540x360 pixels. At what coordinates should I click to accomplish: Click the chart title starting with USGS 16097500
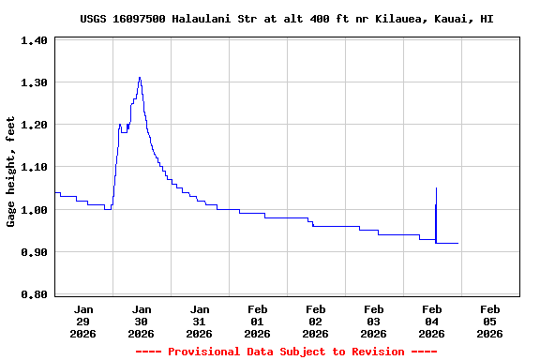287,19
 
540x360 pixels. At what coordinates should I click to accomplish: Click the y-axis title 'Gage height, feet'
11,172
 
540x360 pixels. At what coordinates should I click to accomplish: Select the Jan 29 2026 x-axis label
83,321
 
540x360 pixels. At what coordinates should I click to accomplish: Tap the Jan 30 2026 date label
142,321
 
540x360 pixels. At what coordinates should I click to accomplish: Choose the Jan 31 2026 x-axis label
200,321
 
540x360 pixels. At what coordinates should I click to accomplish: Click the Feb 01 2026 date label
258,321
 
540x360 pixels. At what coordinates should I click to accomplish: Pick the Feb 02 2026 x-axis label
316,321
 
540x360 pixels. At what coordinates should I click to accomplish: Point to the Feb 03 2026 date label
374,321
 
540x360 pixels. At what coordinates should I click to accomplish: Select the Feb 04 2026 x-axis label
432,321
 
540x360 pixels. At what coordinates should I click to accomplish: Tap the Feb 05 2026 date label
490,321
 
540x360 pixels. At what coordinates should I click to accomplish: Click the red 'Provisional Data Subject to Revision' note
287,352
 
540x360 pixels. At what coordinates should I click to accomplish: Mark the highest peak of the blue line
140,78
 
